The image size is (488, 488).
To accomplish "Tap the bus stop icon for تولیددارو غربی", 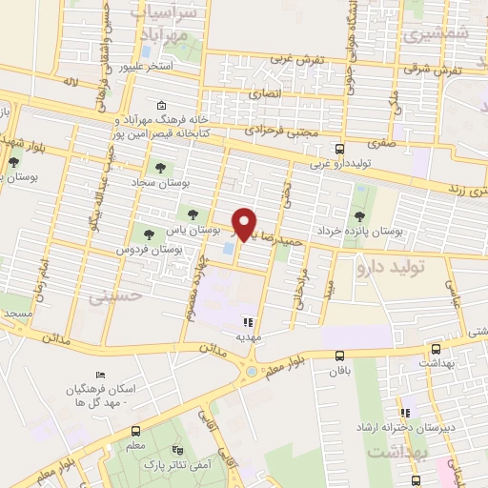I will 340,149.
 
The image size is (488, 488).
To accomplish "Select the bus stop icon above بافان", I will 339,356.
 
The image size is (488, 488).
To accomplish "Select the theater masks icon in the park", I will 175,449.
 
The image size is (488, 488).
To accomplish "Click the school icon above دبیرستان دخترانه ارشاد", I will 404,413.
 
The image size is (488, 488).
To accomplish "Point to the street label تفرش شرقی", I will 432,70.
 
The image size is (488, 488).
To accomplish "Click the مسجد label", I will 17,313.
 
